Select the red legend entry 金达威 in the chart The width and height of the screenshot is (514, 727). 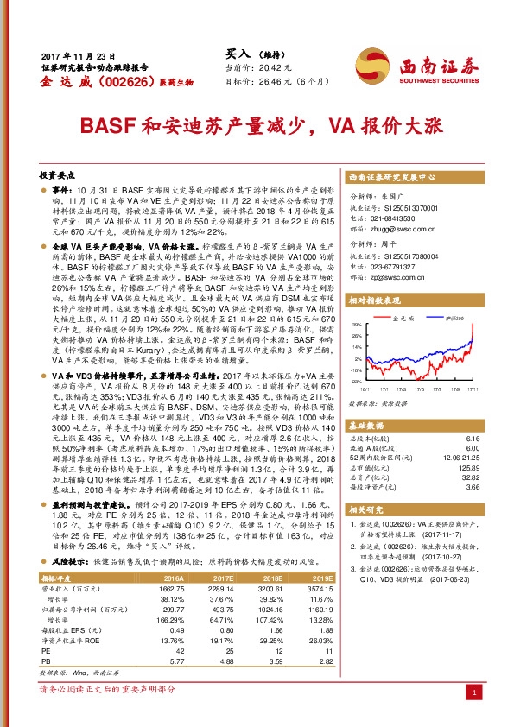(x=403, y=318)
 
